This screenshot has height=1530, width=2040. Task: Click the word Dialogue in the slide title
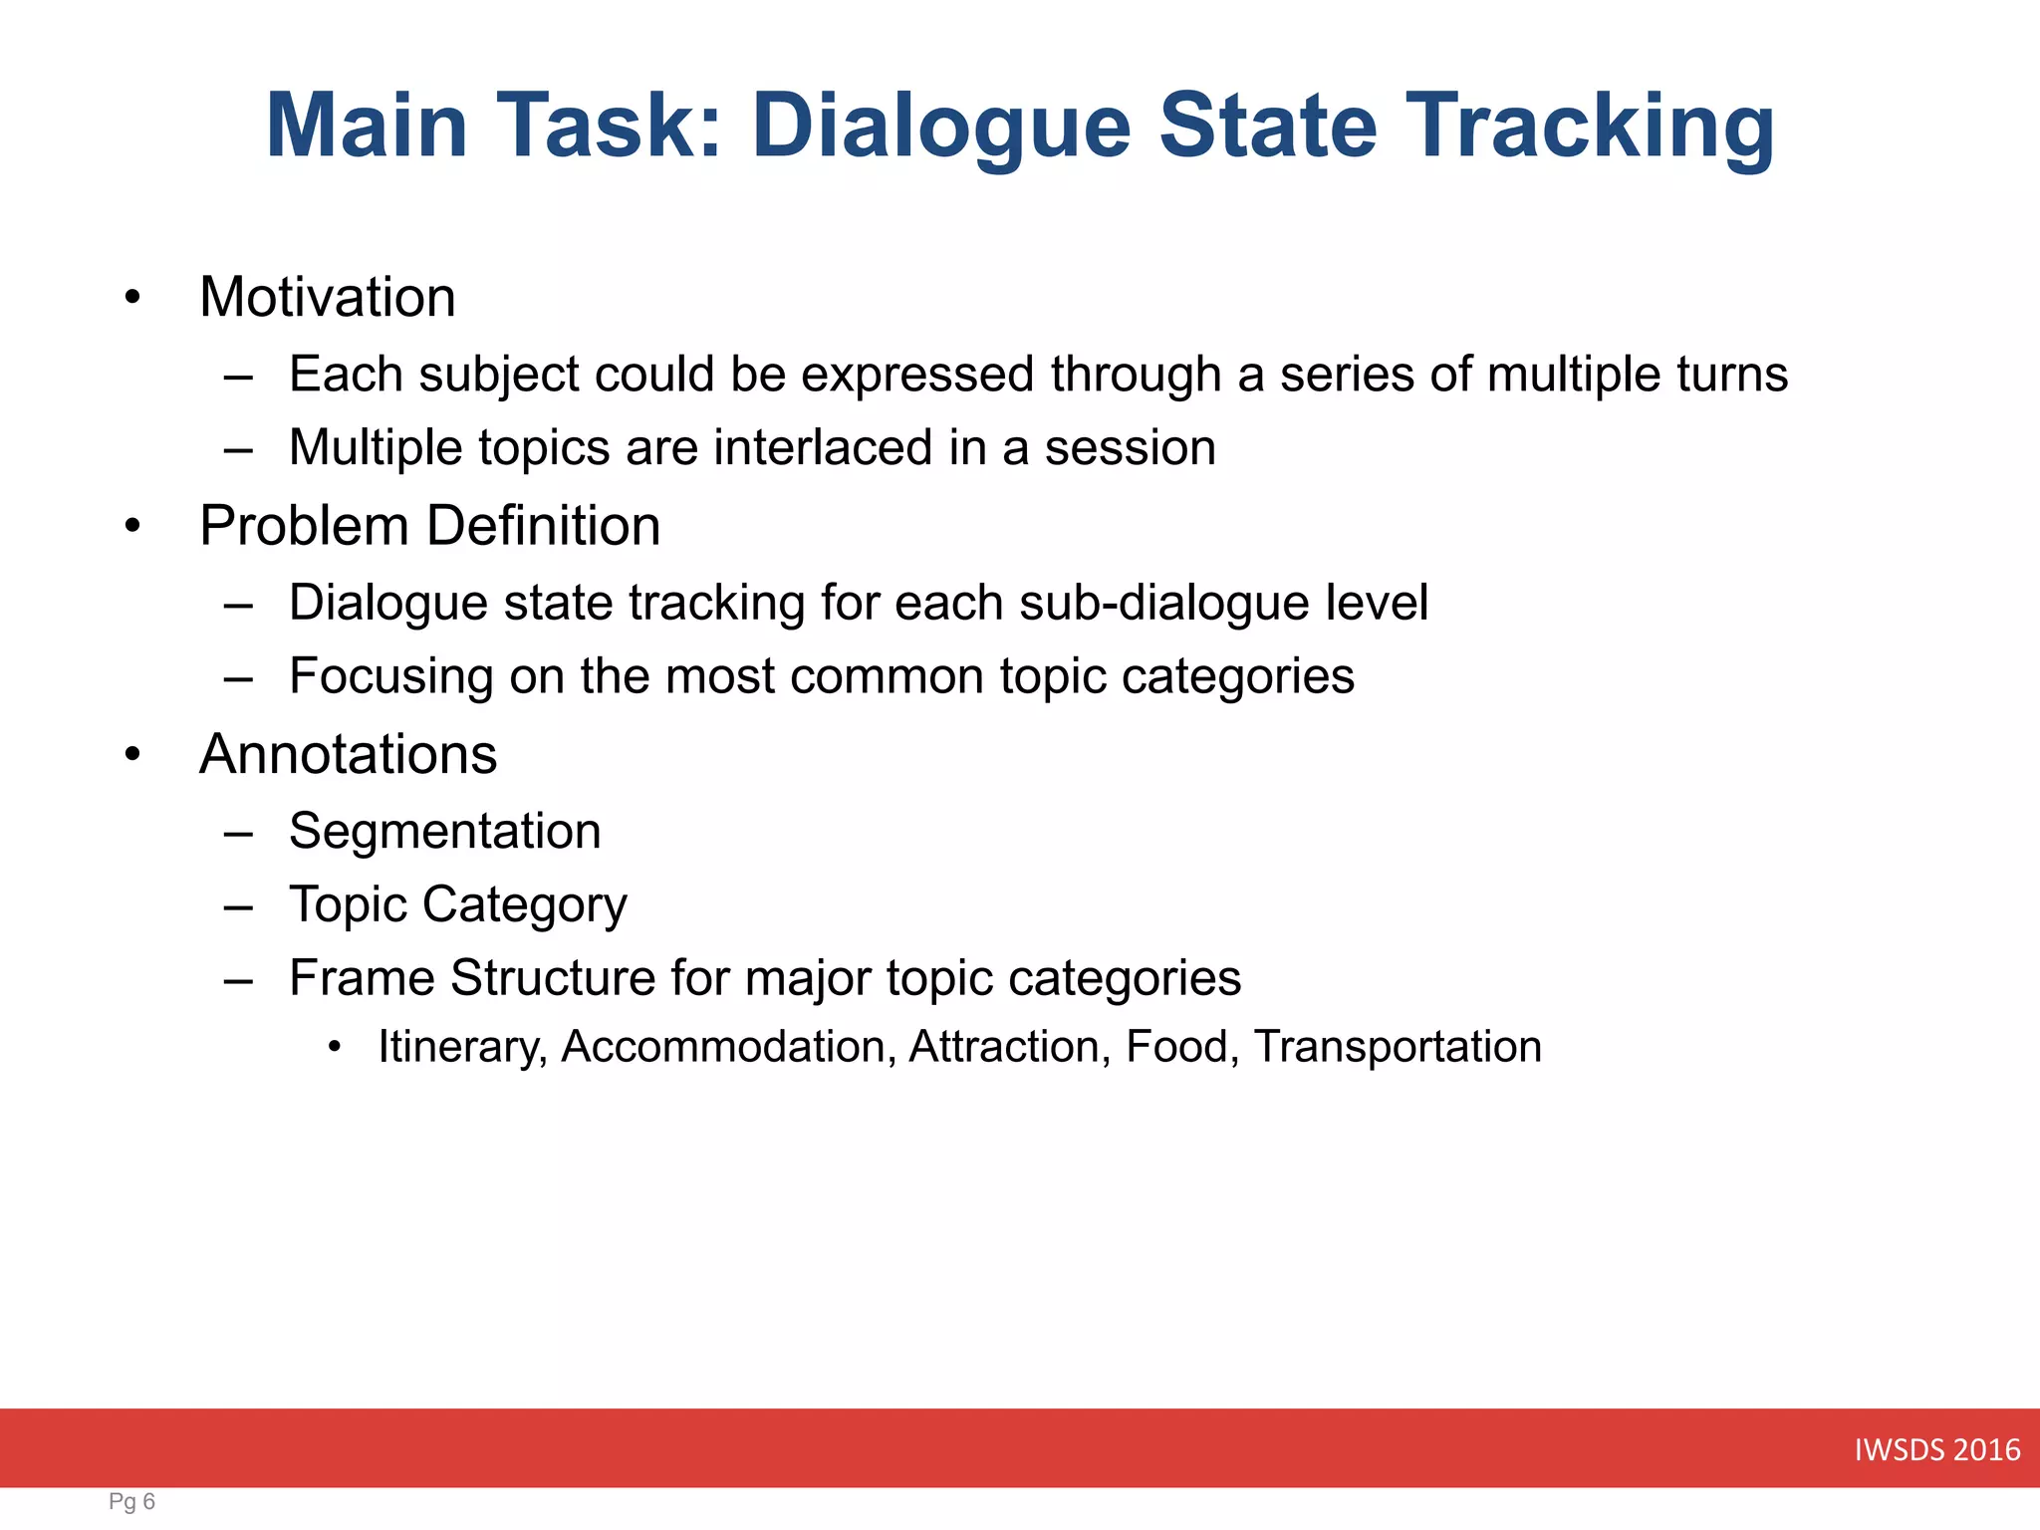pos(941,127)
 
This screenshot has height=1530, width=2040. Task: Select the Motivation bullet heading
pos(328,297)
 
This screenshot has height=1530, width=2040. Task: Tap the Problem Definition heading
pos(429,525)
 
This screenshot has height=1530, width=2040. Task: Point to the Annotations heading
pos(348,754)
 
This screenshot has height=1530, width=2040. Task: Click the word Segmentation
pos(444,831)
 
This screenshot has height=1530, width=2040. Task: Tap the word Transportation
pos(1398,1047)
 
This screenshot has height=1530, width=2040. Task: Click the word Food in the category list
pos(1181,1047)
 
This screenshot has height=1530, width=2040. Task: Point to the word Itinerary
pos(462,1047)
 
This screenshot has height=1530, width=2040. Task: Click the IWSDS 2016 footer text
pos(1936,1449)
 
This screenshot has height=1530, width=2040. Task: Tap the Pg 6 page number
pos(131,1501)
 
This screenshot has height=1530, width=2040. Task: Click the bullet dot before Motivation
pos(132,298)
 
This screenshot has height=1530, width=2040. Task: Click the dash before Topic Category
pos(238,905)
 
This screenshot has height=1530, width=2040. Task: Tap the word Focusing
pos(390,676)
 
